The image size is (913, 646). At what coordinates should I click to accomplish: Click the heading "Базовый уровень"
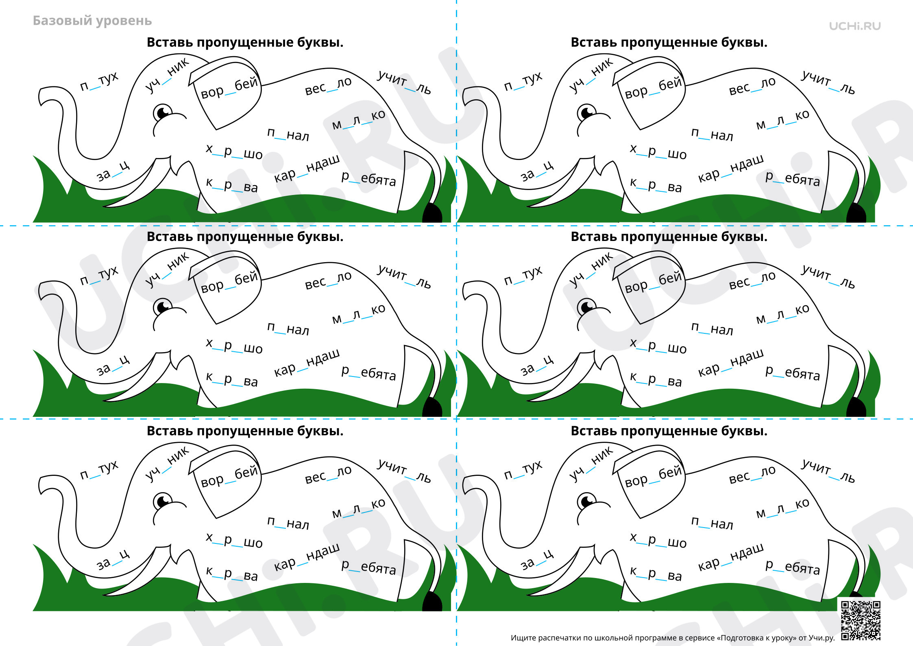(x=92, y=21)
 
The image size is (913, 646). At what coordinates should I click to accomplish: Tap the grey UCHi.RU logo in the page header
(x=855, y=26)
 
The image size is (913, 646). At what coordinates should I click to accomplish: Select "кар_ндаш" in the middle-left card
(x=307, y=362)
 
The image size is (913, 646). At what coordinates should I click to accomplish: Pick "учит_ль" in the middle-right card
(x=828, y=276)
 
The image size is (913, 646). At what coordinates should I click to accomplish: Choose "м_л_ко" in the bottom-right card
(x=782, y=509)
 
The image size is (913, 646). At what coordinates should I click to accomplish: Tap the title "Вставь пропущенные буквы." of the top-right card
(x=669, y=42)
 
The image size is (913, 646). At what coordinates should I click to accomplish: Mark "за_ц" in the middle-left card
(x=113, y=365)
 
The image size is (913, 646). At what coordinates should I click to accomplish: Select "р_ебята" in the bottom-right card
(x=792, y=566)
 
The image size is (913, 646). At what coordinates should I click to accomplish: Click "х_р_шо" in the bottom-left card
(x=234, y=540)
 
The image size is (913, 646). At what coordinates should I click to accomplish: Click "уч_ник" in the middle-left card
(x=167, y=270)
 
